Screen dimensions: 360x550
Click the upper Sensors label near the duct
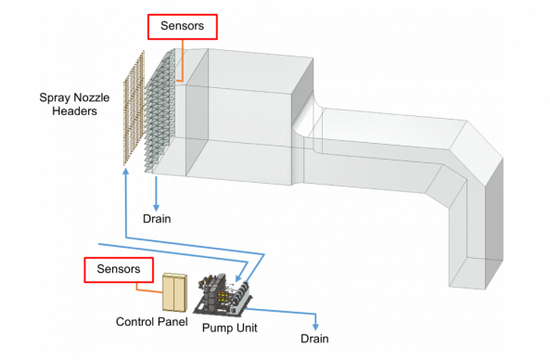182,27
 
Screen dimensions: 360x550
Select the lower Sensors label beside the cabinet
119,270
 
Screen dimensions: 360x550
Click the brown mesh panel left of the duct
134,109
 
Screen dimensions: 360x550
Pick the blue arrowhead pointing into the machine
239,277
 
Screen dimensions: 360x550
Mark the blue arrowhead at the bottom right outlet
316,327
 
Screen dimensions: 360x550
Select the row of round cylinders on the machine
243,299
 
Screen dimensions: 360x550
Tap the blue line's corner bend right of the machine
266,252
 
